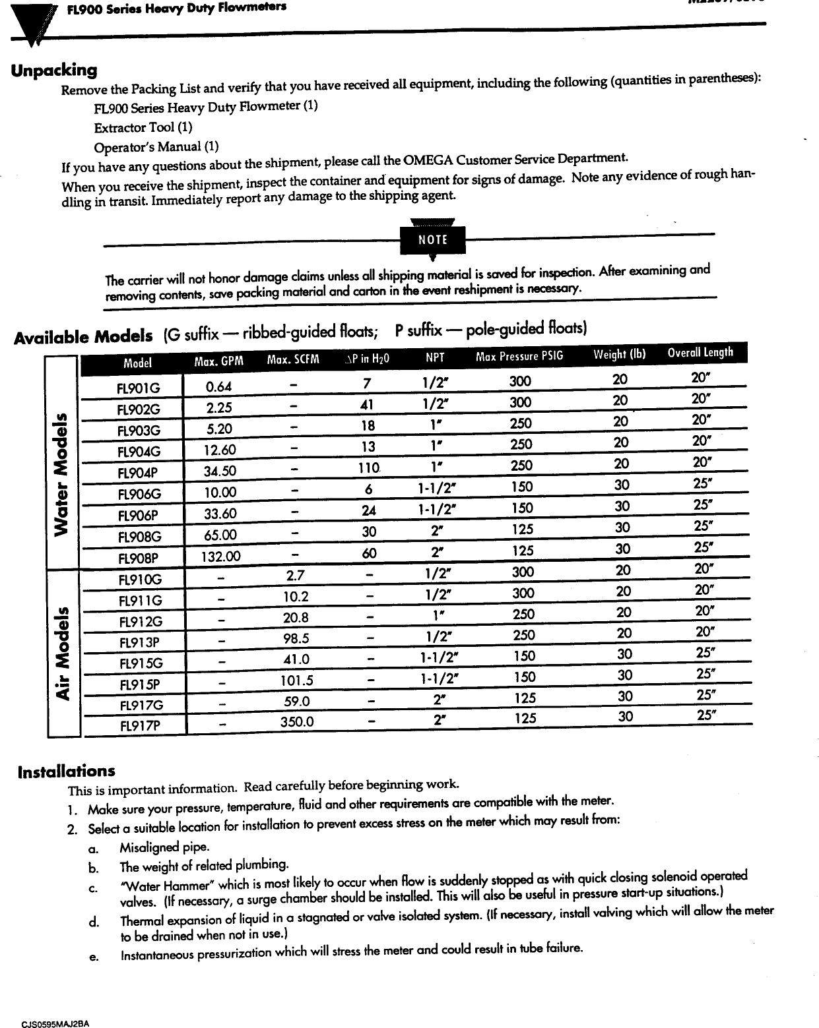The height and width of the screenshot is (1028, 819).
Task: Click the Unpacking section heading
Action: (54, 69)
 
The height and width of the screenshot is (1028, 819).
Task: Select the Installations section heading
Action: (66, 771)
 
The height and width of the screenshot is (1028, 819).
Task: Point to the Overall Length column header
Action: (700, 352)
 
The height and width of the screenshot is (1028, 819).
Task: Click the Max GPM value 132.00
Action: (221, 557)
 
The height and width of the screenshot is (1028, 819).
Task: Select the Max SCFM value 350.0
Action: (296, 721)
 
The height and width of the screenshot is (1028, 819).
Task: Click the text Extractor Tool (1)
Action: (143, 127)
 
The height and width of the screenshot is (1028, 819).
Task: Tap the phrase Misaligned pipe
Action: (155, 847)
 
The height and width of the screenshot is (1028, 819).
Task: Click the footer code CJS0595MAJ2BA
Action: (55, 1023)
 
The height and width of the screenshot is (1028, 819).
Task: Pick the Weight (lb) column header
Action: (619, 354)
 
